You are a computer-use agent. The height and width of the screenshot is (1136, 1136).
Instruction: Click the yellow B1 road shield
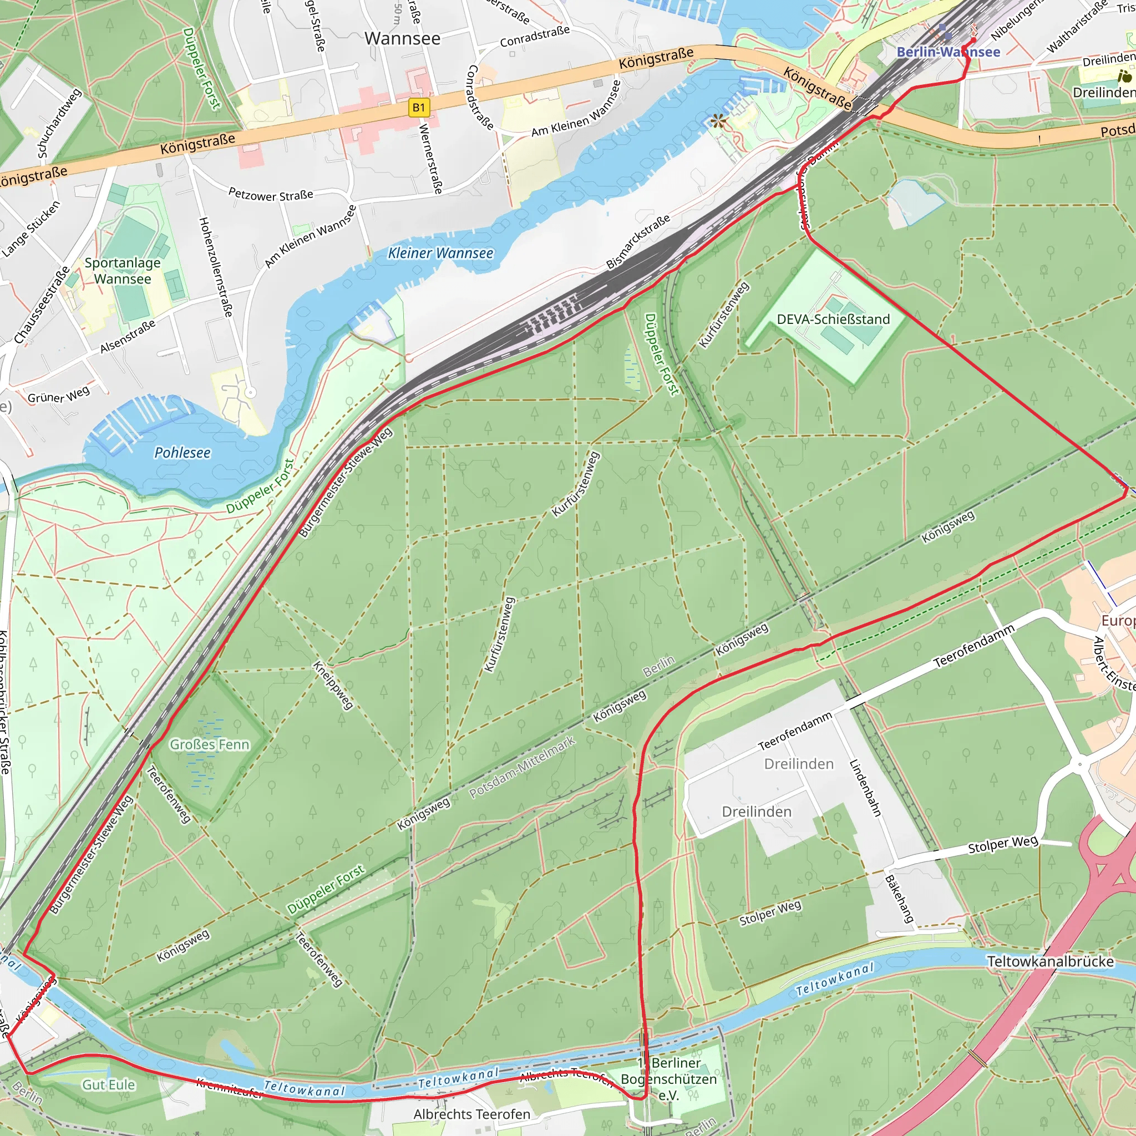coord(419,108)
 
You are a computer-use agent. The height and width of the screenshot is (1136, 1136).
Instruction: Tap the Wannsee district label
coord(402,39)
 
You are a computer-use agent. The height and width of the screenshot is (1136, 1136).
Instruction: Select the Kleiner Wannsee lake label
coord(440,253)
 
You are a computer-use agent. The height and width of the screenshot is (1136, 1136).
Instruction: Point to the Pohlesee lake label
coord(182,453)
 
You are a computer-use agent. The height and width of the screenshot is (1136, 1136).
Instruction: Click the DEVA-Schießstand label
coord(833,319)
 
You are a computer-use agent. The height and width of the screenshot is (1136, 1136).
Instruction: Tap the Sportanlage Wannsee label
coord(122,271)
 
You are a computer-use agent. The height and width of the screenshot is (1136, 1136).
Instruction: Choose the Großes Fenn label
coord(209,744)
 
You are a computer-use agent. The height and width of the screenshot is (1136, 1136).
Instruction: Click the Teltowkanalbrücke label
coord(1050,962)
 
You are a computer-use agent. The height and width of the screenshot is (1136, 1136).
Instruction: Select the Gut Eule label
coord(108,1085)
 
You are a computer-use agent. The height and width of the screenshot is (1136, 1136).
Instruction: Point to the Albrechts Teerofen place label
coord(471,1114)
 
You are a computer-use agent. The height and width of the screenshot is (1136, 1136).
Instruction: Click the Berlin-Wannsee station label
coord(948,52)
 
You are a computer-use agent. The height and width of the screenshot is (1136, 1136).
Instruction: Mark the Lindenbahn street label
coord(865,788)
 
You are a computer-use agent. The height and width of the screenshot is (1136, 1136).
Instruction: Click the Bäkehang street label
coord(900,899)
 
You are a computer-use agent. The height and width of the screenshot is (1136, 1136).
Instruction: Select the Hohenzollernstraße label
coord(215,267)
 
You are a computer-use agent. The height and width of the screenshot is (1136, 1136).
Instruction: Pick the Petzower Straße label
coord(271,195)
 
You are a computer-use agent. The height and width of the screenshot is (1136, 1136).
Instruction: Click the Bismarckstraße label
coord(638,242)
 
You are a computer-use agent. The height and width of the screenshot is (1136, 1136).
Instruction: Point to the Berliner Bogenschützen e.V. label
coord(669,1079)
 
